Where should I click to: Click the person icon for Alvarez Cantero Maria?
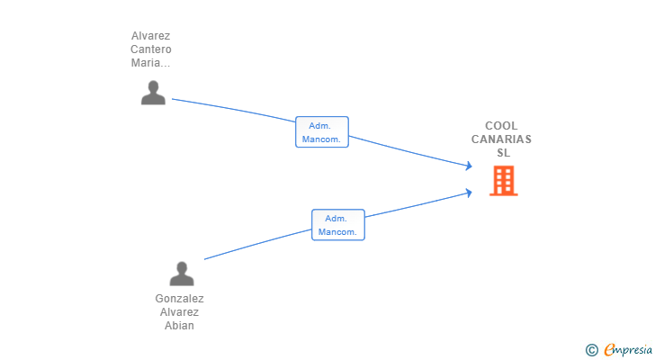click(153, 93)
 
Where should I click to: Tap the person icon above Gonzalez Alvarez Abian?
click(182, 274)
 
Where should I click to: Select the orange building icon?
click(504, 181)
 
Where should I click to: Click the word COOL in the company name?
click(501, 126)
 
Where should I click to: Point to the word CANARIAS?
click(501, 139)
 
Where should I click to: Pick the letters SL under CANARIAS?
click(503, 153)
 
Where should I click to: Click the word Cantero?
click(151, 49)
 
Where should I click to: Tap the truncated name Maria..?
click(150, 63)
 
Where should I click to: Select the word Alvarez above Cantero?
click(150, 36)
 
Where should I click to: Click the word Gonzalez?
click(179, 299)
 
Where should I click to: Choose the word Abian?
click(179, 325)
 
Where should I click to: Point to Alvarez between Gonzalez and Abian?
click(179, 312)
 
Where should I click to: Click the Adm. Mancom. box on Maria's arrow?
click(322, 132)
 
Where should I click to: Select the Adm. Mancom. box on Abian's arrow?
click(338, 225)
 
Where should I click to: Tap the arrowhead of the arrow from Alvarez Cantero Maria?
click(469, 166)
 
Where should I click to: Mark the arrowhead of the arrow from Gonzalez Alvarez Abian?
click(469, 193)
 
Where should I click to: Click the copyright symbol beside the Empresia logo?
click(591, 350)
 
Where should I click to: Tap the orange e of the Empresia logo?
click(610, 349)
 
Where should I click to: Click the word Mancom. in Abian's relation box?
click(337, 232)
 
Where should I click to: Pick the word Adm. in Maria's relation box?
click(320, 126)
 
